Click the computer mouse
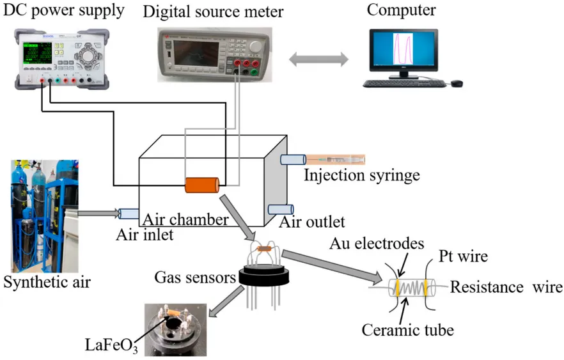pos(456,83)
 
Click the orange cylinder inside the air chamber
pos(202,185)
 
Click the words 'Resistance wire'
pos(506,286)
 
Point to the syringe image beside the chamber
pos(334,158)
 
